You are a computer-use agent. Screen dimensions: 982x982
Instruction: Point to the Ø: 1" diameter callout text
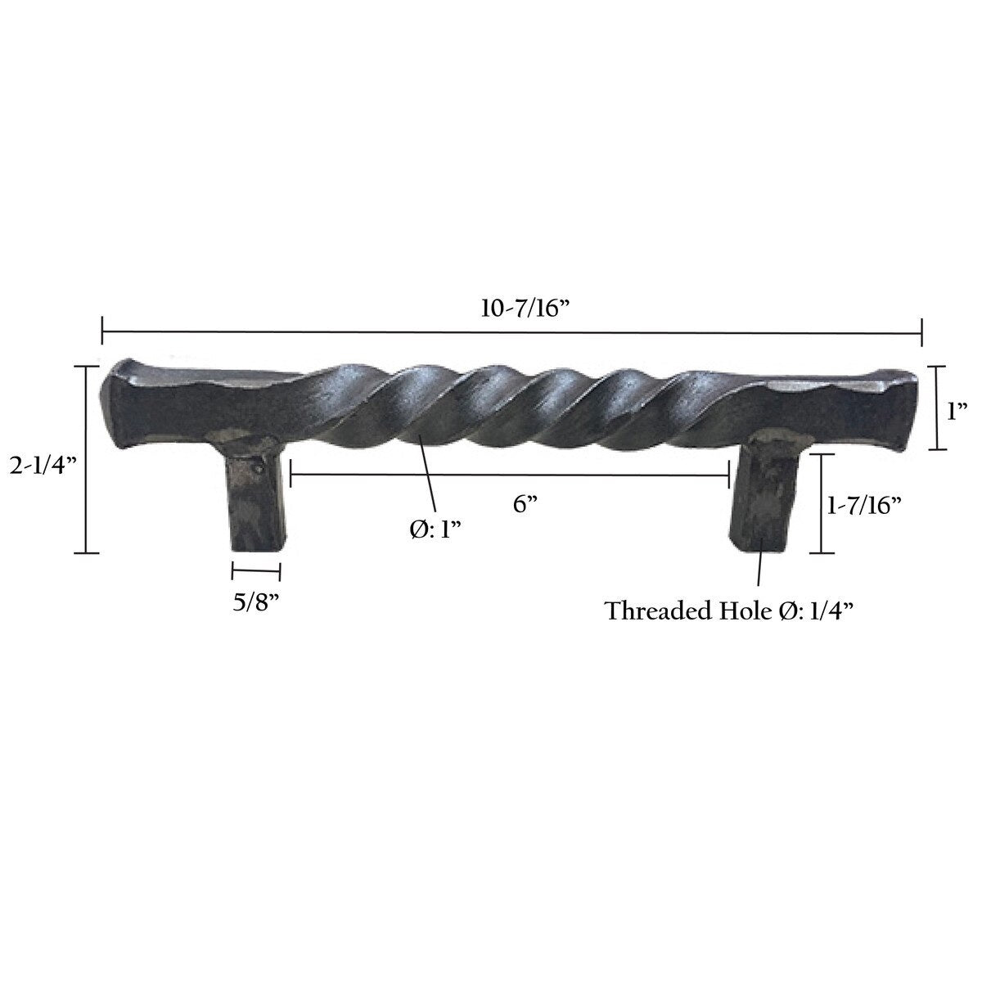(435, 529)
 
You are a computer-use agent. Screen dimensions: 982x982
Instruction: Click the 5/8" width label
(256, 603)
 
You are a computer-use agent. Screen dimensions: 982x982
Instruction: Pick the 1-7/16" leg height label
(863, 505)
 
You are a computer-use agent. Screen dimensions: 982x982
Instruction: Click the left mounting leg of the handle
(255, 499)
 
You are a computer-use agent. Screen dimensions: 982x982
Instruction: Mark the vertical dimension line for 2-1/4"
(86, 458)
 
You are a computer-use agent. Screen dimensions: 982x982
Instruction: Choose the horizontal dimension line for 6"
(509, 474)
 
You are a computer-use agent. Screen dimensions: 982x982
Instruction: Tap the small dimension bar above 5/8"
(256, 572)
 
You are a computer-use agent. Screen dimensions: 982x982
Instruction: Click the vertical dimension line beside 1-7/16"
(821, 503)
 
